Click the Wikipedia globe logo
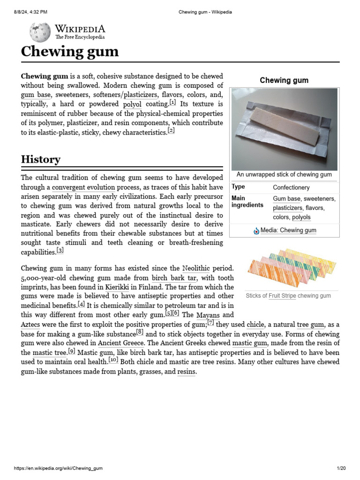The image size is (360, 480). pos(40,32)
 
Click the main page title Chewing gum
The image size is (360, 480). pos(70,52)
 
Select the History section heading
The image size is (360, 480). pos(41,159)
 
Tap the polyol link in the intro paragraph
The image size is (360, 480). pos(132,104)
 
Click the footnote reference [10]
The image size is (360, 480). pos(113,360)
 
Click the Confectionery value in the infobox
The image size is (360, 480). pos(291,187)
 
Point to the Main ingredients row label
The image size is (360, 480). pos(247,202)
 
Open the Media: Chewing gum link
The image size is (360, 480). pos(288,230)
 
